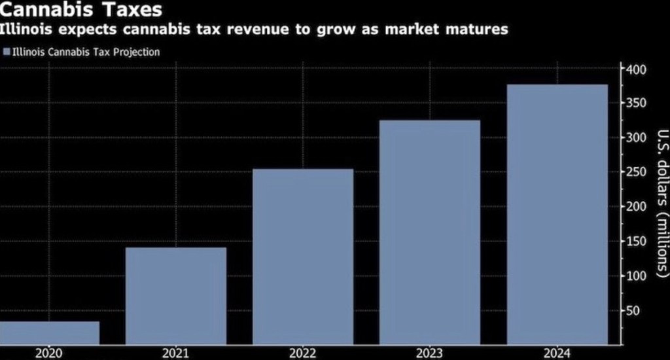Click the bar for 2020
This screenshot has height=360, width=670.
click(50, 333)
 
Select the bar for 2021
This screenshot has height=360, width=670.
click(176, 295)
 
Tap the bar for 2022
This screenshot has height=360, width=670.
click(303, 257)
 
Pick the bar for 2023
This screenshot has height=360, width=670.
click(430, 232)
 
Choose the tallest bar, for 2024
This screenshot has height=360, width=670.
click(557, 214)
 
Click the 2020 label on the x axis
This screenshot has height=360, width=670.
click(50, 353)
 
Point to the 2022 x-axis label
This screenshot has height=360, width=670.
click(303, 353)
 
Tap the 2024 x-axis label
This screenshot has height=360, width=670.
click(557, 353)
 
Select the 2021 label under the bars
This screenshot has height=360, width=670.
click(176, 353)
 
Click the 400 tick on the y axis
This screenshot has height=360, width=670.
click(637, 69)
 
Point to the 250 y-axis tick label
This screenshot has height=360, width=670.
click(637, 172)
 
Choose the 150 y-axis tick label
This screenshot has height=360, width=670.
click(637, 242)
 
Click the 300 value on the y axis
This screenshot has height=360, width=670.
click(637, 138)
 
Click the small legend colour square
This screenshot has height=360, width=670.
click(7, 52)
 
